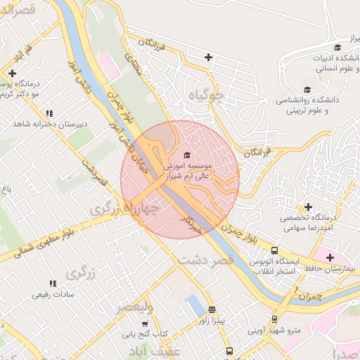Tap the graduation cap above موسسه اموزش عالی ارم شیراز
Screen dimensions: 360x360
pos(186,155)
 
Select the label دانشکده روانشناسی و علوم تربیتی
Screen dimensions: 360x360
pos(312,105)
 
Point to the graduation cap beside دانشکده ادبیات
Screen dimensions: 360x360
pos(337,47)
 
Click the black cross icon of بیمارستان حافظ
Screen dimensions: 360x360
pos(330,257)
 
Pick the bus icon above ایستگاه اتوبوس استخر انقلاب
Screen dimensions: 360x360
pos(274,250)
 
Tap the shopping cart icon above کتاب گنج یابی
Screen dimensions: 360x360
pos(145,324)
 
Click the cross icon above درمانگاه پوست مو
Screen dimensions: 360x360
pos(12,72)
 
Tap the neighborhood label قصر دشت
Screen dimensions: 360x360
pos(205,261)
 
